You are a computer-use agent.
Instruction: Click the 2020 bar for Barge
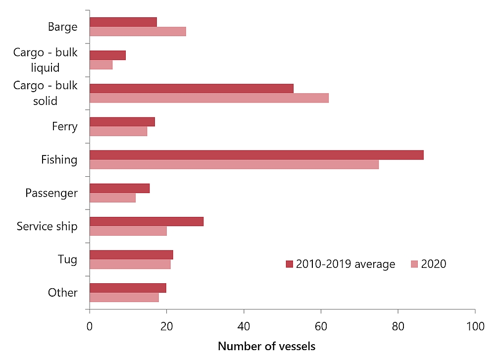click(x=138, y=31)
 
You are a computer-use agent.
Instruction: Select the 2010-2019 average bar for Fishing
click(x=256, y=155)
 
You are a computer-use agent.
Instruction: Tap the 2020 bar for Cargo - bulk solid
click(x=209, y=98)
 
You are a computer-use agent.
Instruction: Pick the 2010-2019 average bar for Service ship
click(x=147, y=221)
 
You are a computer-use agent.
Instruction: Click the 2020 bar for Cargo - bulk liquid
click(x=101, y=65)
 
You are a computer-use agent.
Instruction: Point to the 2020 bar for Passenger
click(x=112, y=198)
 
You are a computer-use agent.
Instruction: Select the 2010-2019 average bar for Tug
click(x=131, y=255)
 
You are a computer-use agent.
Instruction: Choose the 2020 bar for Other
click(x=124, y=297)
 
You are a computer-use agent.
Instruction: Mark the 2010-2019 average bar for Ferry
click(x=122, y=122)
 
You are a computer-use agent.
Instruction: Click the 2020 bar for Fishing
click(x=234, y=164)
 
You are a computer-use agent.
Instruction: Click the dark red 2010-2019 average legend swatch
click(x=290, y=264)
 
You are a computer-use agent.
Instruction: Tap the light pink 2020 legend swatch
click(x=414, y=264)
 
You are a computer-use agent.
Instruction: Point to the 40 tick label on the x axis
click(x=244, y=326)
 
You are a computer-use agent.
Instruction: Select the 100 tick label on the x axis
click(x=475, y=326)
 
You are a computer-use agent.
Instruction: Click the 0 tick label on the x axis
click(x=90, y=326)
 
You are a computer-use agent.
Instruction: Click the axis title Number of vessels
click(x=266, y=346)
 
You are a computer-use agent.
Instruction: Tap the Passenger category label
click(x=51, y=193)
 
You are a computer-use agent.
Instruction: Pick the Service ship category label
click(x=47, y=226)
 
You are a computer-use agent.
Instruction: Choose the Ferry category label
click(x=65, y=126)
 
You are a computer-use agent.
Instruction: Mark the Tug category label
click(x=67, y=259)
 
